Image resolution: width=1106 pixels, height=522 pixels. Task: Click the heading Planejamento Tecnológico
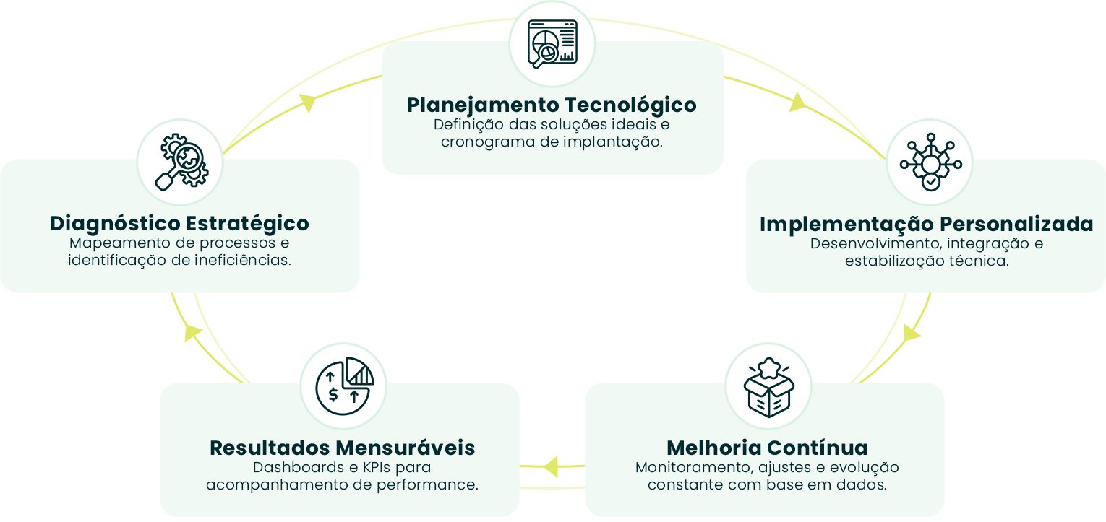tap(552, 105)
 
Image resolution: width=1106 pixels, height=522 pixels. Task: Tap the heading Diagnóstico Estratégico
tap(179, 223)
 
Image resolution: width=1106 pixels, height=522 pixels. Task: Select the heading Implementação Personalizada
tap(926, 224)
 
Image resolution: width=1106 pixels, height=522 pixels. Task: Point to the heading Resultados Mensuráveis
tap(342, 448)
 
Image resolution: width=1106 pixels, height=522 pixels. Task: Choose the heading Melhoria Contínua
tap(767, 448)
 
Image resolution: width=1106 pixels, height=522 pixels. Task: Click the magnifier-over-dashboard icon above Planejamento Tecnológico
tap(552, 44)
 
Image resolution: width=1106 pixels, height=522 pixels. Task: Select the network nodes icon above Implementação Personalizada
tap(930, 162)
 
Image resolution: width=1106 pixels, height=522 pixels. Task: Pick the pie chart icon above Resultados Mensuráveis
tap(343, 386)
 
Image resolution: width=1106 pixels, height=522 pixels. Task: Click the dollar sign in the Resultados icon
tap(333, 395)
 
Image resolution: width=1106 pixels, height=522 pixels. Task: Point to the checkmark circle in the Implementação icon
tap(931, 182)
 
